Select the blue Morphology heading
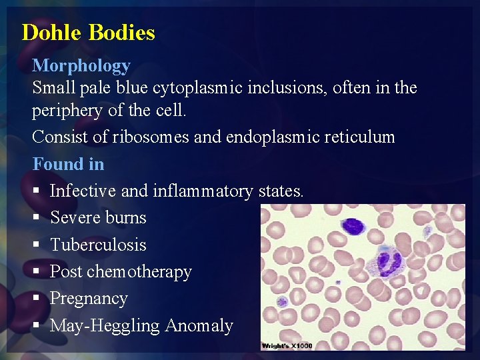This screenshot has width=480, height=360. (x=81, y=65)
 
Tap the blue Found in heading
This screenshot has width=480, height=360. (x=68, y=163)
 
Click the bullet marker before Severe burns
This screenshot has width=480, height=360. (x=37, y=218)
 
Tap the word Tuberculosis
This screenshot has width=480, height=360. (x=98, y=245)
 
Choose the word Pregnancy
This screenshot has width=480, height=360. (x=89, y=299)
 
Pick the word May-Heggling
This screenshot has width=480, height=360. (x=105, y=326)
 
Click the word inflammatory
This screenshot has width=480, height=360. (x=203, y=191)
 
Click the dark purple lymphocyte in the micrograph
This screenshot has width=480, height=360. (x=354, y=226)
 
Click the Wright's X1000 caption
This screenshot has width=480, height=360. (x=287, y=345)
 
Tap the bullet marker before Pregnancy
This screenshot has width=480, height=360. (x=37, y=299)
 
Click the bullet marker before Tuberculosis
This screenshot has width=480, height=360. (x=37, y=245)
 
